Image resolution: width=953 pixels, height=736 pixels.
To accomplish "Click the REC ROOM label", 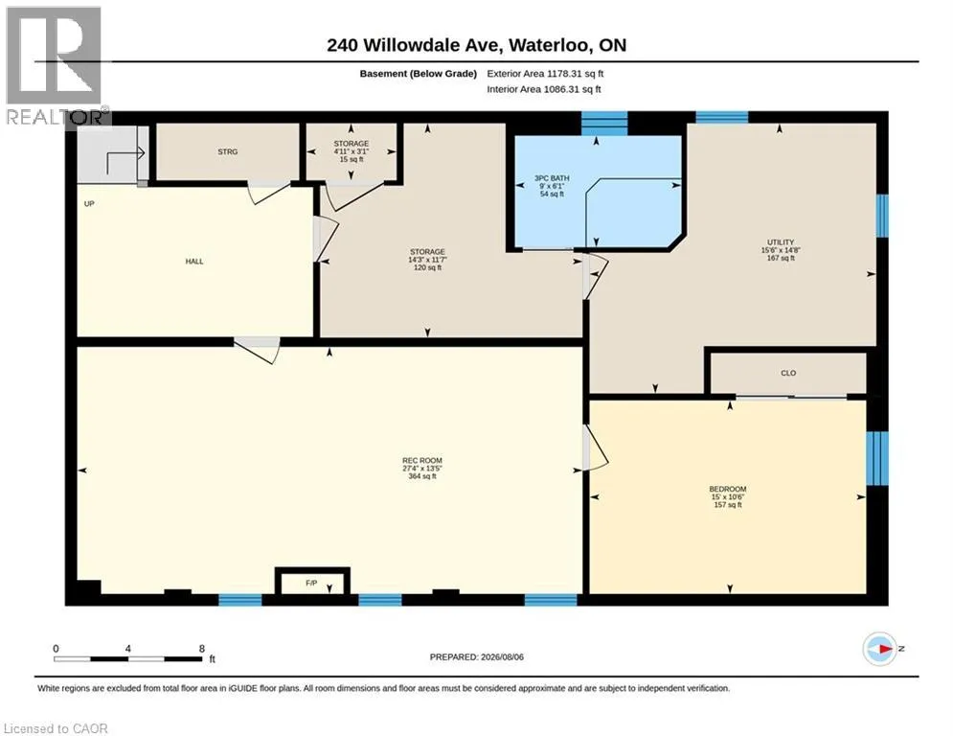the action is (421, 460).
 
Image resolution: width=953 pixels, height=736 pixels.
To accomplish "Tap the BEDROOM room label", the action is (728, 489).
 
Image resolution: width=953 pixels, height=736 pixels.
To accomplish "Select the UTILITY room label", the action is (781, 242).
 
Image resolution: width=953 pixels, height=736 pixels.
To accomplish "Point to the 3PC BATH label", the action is (552, 178).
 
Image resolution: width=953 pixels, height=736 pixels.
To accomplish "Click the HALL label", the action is (194, 262).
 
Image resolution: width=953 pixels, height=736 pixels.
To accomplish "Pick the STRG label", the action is (228, 151).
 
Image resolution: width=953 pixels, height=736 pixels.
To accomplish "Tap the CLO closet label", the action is (788, 373).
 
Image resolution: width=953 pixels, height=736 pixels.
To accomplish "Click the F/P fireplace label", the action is (311, 583).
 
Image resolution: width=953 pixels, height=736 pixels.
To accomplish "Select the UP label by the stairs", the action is (89, 204).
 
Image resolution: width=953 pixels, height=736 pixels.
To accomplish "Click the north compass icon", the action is (879, 649).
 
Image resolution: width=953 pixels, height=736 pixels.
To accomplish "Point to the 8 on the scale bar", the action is (202, 649).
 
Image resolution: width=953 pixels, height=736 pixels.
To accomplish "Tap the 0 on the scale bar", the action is (56, 649).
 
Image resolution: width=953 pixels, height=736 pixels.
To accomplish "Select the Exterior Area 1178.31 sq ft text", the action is (545, 74).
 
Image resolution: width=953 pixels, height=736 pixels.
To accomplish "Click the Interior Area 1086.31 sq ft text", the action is (544, 89).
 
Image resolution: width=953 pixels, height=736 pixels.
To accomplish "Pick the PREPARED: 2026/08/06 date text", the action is (477, 656).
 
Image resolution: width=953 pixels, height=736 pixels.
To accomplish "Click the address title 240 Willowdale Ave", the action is (414, 45).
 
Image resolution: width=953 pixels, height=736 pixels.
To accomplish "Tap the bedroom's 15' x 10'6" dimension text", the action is (728, 497).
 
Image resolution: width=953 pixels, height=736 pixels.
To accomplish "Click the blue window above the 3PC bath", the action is (604, 123).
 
